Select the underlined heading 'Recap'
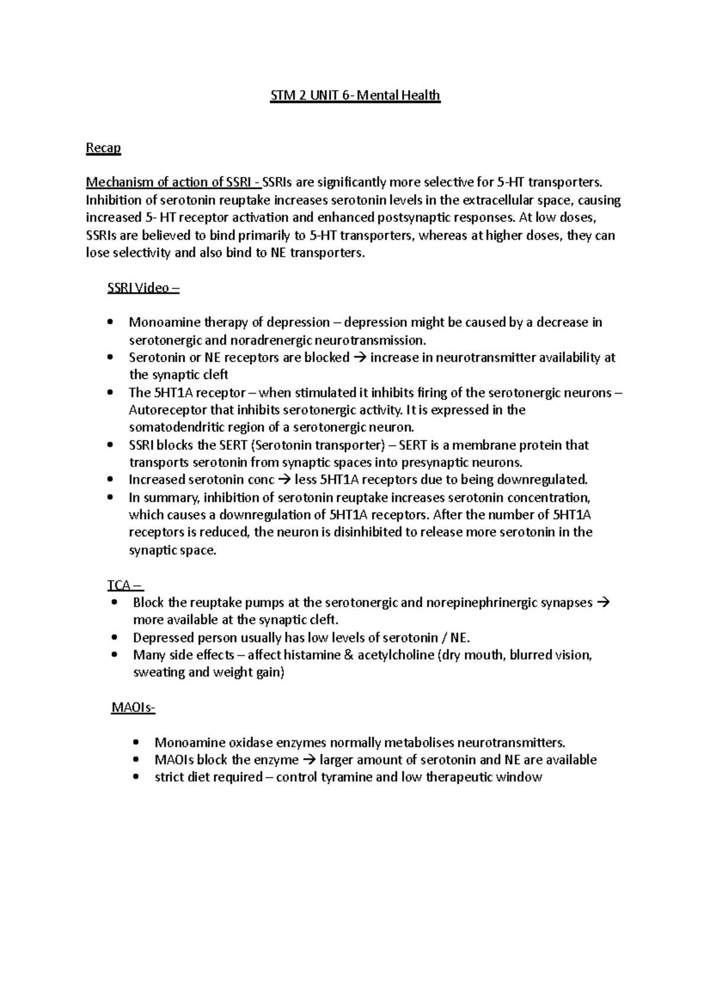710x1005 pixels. [103, 148]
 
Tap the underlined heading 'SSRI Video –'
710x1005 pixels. [143, 288]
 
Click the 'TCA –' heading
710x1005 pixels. [124, 585]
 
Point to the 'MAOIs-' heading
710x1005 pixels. [133, 707]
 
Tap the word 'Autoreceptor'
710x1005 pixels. [168, 410]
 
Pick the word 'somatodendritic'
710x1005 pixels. [174, 427]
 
